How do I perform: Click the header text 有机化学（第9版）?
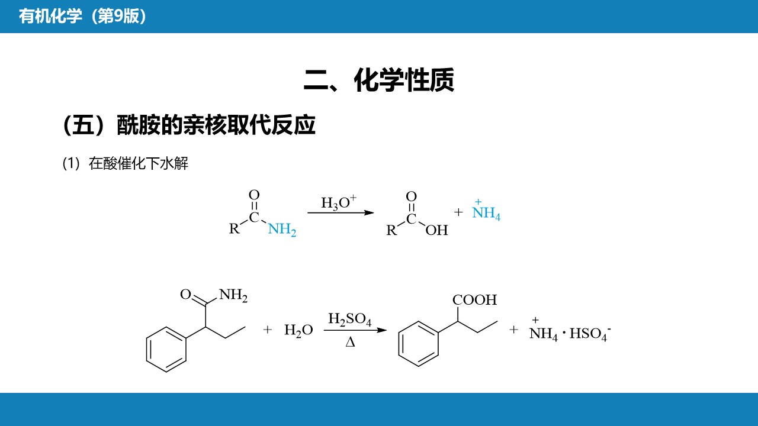point(82,16)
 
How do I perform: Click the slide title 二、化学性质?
point(379,80)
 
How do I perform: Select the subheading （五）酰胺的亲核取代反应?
point(189,125)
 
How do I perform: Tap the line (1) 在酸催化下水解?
point(125,164)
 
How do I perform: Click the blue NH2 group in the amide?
point(282,229)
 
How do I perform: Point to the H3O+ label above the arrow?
point(339,202)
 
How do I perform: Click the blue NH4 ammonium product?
point(486,210)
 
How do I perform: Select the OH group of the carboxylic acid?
point(436,230)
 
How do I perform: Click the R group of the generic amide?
point(234,228)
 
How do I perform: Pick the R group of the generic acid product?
point(391,230)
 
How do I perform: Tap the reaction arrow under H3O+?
point(341,212)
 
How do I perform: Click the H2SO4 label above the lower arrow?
point(349,319)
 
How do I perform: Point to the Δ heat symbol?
point(350,343)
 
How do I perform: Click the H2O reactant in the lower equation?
point(298,330)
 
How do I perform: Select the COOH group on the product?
point(474,300)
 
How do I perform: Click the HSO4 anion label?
point(590,334)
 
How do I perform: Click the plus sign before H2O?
point(267,330)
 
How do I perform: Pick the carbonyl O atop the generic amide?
point(254,195)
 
